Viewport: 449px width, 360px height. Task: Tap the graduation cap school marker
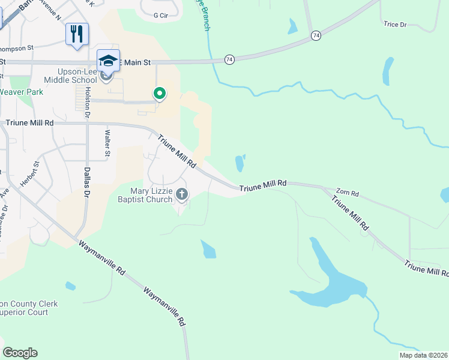click(108, 61)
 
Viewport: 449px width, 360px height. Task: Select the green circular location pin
click(160, 94)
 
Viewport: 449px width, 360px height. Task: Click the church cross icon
click(182, 194)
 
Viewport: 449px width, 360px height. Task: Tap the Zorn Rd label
click(347, 194)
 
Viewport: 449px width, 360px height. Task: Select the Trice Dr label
click(395, 25)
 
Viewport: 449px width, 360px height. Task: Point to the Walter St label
click(107, 144)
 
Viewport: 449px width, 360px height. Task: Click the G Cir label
click(160, 15)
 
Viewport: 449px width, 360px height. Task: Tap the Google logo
click(20, 353)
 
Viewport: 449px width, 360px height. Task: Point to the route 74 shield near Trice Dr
click(316, 37)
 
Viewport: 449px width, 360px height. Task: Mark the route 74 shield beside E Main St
click(229, 59)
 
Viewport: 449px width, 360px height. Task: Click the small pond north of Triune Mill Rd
click(240, 163)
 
